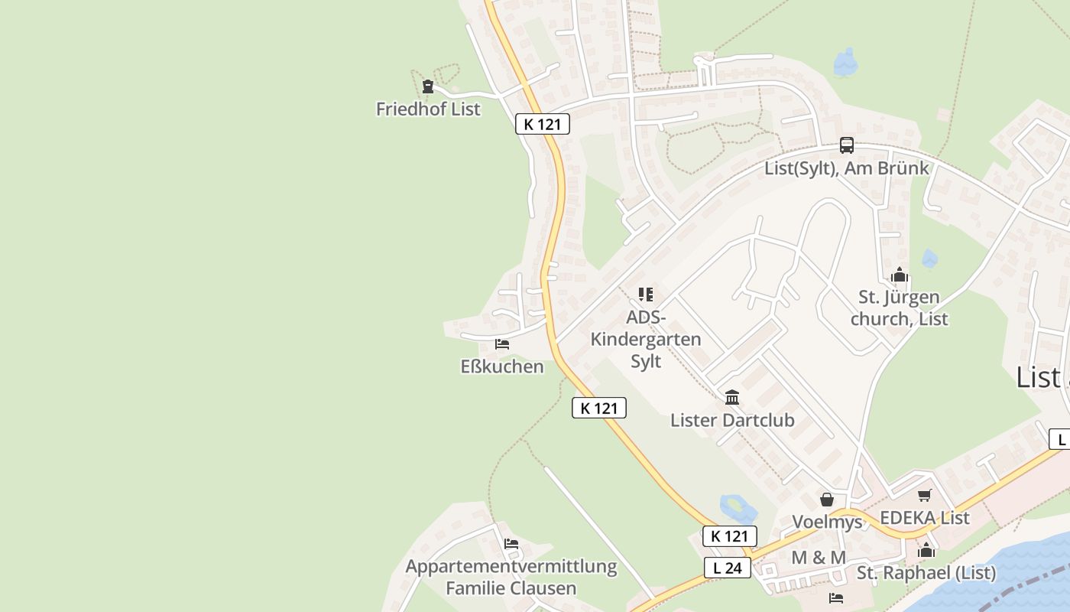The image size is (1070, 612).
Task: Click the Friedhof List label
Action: point(428,109)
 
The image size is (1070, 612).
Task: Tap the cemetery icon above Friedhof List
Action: point(428,86)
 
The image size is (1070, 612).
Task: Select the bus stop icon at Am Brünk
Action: point(847,145)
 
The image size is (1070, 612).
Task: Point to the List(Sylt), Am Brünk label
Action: point(847,168)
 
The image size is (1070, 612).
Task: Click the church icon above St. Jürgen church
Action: point(900,275)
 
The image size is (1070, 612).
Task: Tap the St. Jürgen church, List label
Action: point(900,308)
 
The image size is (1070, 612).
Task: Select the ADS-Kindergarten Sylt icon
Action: point(646,294)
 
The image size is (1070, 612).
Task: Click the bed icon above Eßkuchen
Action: point(502,344)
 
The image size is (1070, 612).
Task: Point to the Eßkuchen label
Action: point(502,366)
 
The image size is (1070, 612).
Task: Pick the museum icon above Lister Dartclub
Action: point(732,397)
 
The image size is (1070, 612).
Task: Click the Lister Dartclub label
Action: point(732,420)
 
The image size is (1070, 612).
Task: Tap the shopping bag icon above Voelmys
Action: point(826,500)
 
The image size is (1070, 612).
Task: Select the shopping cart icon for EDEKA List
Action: point(925,495)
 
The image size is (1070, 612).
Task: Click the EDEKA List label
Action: point(925,518)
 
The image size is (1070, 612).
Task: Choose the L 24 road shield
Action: point(728,568)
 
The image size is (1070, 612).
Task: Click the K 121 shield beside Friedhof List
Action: point(543,124)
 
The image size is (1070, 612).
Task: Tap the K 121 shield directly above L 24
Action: point(730,535)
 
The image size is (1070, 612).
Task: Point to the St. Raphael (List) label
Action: point(926,572)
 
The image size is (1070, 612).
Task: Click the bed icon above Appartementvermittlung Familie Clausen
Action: point(511,544)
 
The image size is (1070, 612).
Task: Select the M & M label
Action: point(819,558)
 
